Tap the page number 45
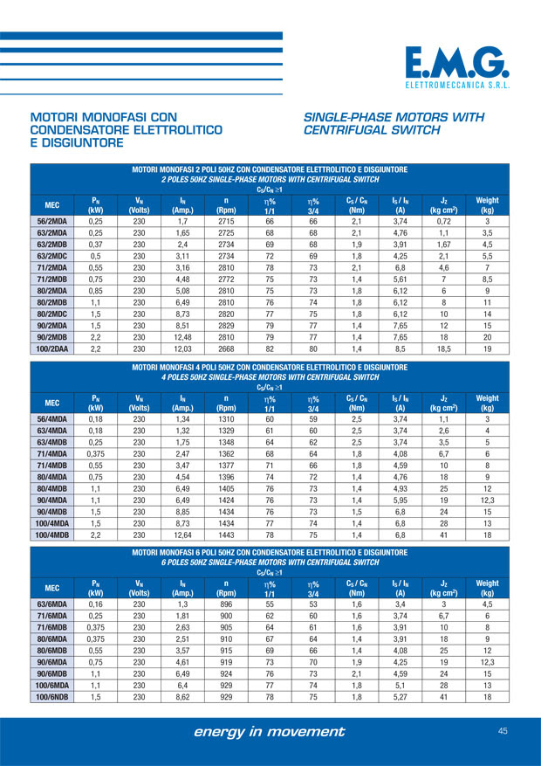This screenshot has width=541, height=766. [503, 730]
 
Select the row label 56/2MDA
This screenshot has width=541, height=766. [51, 221]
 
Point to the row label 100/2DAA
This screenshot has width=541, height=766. [51, 348]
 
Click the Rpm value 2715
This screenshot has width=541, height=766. [225, 221]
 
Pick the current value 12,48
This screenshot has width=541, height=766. [182, 336]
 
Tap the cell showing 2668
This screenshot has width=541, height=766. [225, 348]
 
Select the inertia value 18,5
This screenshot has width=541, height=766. [443, 348]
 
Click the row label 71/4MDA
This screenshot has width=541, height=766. [51, 453]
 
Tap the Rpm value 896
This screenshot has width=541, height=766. [225, 603]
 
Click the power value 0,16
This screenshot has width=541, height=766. [96, 603]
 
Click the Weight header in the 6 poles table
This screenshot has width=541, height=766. [487, 586]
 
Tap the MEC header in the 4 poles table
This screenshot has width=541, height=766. [51, 403]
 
